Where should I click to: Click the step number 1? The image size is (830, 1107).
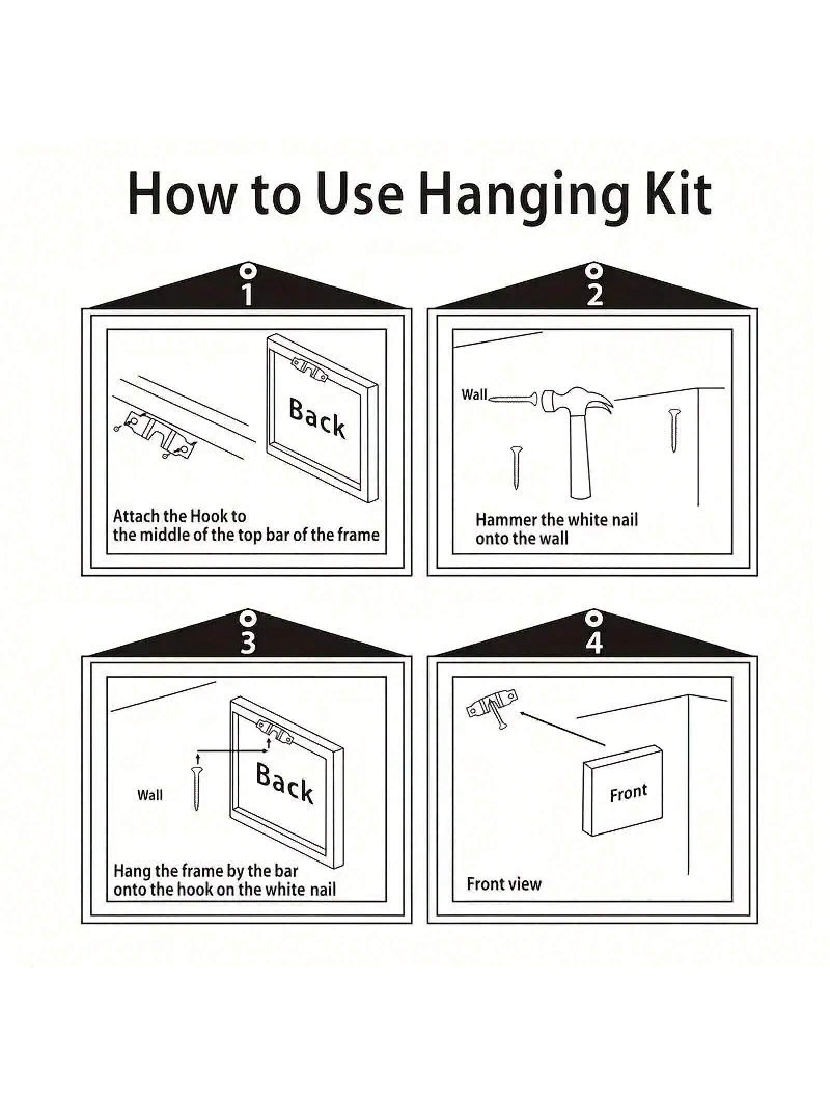247,294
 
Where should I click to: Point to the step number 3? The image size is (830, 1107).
248,642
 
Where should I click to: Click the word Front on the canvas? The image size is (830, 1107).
629,793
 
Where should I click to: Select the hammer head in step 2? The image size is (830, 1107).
576,401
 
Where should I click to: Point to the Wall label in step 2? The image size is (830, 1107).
474,394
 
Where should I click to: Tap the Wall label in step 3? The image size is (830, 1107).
150,795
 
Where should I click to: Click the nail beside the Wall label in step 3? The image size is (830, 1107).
197,789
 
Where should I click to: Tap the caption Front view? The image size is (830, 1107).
504,884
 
